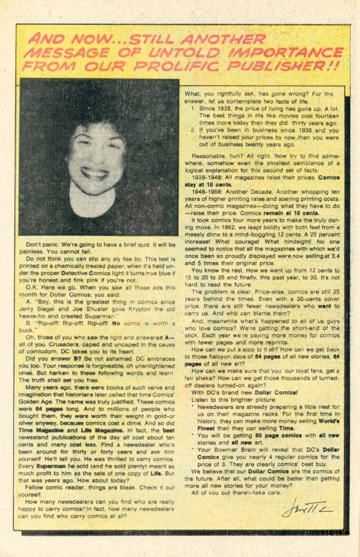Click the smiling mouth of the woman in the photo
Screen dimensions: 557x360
pos(95,173)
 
